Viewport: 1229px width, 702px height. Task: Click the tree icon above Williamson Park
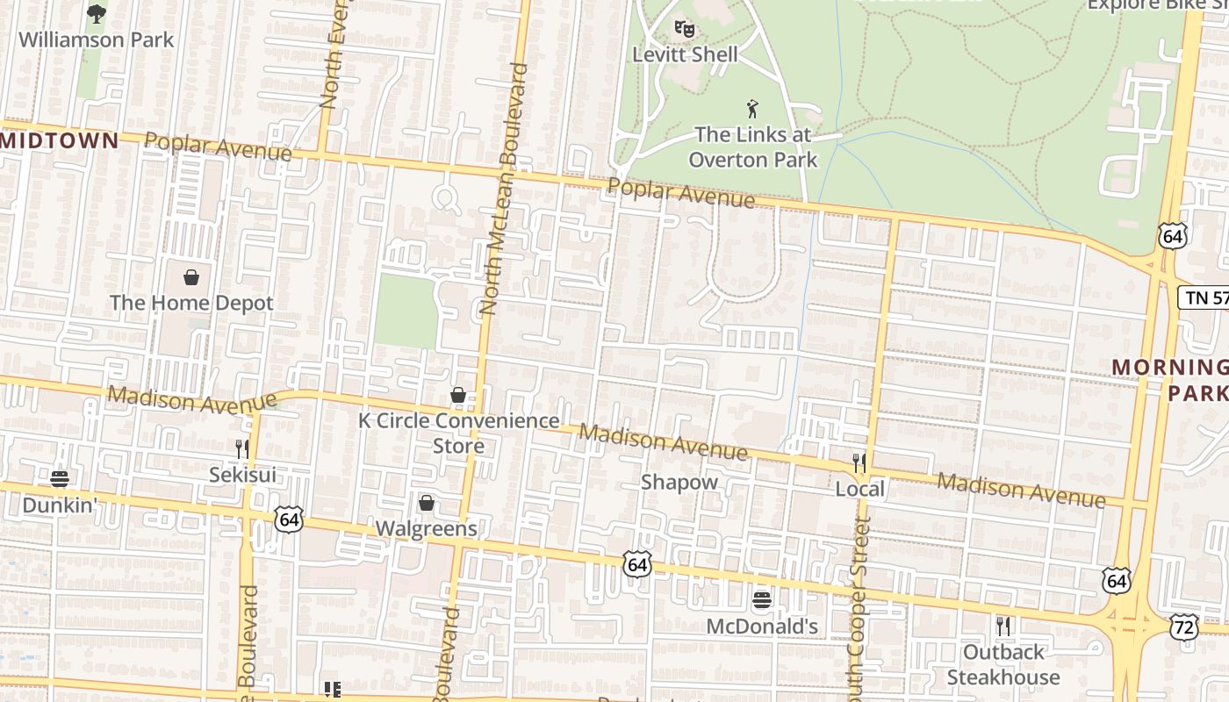96,13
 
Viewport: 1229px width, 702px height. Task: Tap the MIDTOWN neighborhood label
59,140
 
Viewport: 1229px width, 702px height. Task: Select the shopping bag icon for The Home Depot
191,278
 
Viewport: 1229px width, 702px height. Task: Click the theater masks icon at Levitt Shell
685,28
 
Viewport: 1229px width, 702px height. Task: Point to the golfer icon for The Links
752,109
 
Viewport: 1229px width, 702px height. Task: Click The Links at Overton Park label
752,147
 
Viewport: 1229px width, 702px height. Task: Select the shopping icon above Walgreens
427,503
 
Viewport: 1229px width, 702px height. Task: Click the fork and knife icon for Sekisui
242,449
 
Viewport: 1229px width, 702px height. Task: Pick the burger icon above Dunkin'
60,479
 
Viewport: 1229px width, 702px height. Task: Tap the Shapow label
679,482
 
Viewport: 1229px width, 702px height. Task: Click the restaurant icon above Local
859,462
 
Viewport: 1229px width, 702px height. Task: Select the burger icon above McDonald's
762,600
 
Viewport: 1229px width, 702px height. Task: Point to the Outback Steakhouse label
1003,665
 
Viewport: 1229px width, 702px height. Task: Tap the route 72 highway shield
1183,626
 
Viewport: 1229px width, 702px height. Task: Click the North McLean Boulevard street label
505,189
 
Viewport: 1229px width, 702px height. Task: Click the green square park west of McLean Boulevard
406,312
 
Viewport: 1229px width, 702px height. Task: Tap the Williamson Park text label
97,39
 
